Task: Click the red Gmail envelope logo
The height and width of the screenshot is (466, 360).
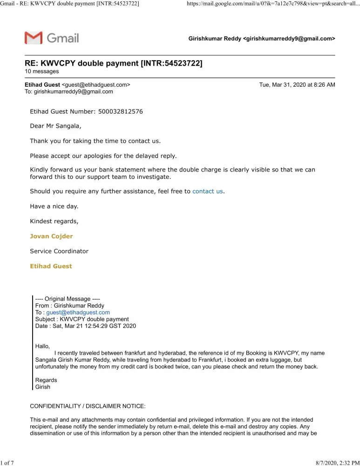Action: point(34,38)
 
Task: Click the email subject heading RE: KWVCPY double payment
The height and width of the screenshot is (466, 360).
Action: point(113,63)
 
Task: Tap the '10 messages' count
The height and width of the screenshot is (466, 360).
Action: point(41,71)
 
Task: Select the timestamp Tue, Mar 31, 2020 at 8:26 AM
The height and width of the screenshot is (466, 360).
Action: point(297,85)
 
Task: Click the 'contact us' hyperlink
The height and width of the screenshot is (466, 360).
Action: point(207,191)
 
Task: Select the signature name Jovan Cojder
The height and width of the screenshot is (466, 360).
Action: point(51,236)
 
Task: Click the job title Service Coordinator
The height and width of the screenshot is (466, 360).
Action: point(59,251)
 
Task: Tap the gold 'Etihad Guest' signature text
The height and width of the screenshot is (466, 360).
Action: point(51,266)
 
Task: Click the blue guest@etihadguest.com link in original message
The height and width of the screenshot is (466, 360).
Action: point(78,312)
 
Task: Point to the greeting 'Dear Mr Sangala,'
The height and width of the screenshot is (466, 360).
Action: point(55,126)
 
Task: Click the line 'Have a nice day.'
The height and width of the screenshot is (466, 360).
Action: point(54,206)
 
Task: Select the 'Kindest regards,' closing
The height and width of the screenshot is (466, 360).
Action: point(54,221)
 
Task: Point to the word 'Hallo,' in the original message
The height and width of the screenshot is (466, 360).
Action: point(42,346)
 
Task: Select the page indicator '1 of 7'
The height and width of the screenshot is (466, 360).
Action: point(8,462)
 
